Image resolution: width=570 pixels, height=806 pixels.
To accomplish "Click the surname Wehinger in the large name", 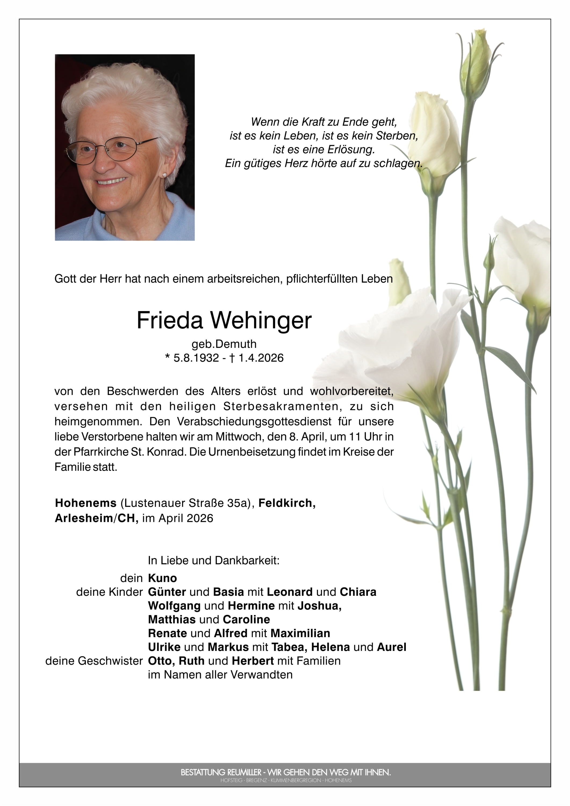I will click(x=260, y=320).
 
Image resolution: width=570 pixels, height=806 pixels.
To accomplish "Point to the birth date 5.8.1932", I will click(x=196, y=358).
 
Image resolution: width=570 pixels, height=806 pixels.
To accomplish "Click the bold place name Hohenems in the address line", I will click(x=86, y=503).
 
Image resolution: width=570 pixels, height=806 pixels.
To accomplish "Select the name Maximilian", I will click(x=300, y=633).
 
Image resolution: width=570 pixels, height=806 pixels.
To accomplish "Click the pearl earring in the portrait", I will click(x=164, y=174).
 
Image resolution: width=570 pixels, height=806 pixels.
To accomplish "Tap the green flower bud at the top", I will click(x=476, y=63).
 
